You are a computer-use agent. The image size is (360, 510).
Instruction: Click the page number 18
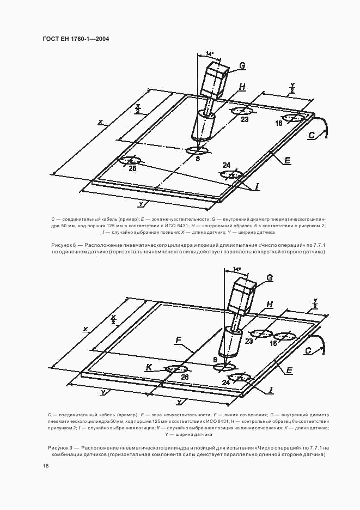click(x=46, y=466)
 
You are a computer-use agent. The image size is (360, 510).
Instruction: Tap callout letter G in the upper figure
click(x=242, y=66)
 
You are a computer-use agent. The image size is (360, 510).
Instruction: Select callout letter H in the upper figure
click(x=242, y=87)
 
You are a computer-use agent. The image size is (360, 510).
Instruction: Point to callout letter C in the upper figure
click(x=312, y=135)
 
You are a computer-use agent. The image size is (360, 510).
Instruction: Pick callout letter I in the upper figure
click(x=257, y=186)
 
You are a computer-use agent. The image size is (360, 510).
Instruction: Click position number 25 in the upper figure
click(x=132, y=168)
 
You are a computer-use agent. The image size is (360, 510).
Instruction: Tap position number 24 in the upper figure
click(x=227, y=165)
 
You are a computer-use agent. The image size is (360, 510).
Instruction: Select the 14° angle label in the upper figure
click(x=210, y=54)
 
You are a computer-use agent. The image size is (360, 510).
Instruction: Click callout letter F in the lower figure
click(x=178, y=341)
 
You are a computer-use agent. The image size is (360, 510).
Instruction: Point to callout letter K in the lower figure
click(x=148, y=368)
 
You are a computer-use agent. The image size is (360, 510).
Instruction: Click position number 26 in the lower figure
click(x=185, y=377)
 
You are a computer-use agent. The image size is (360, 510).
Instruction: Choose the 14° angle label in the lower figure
click(x=236, y=269)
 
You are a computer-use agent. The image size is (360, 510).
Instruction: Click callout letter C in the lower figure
click(x=308, y=351)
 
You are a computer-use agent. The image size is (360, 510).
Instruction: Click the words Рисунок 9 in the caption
click(x=61, y=447)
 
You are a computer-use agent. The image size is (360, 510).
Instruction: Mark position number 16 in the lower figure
click(x=273, y=343)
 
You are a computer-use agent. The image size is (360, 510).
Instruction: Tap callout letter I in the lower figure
click(x=271, y=390)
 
